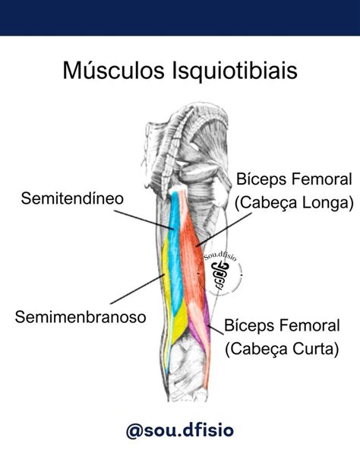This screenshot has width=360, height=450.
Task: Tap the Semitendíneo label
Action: tap(71, 199)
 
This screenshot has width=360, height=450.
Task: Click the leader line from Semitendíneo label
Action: tap(152, 214)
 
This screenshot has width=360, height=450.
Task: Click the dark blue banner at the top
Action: tap(180, 17)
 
